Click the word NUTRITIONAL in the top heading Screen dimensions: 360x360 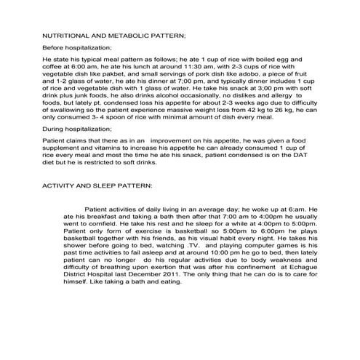click(x=65, y=35)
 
